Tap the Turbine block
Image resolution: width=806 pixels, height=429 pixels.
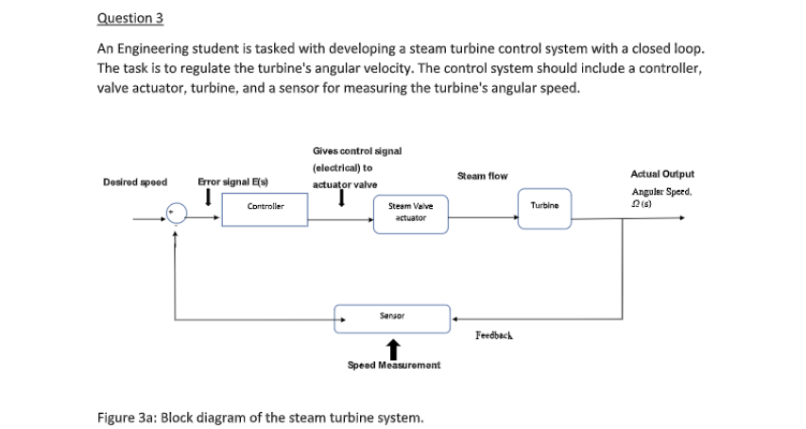point(541,205)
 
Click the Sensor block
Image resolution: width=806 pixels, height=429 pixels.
point(391,317)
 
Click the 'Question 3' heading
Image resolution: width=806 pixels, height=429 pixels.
point(124,17)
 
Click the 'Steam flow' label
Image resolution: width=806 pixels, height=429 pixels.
point(482,176)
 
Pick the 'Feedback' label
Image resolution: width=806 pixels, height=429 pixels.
point(494,335)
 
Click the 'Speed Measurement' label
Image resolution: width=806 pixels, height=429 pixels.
point(389,364)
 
